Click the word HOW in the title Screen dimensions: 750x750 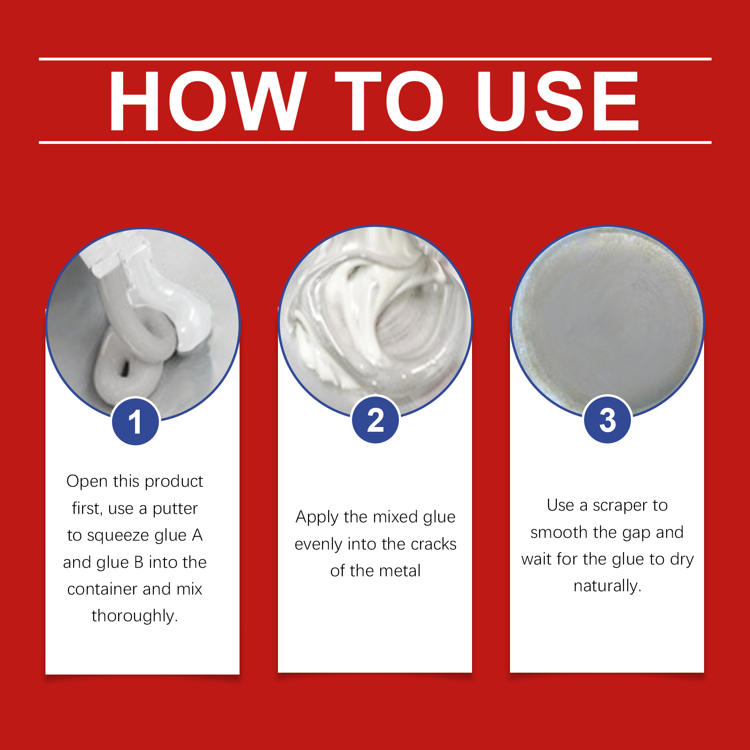pyautogui.click(x=208, y=101)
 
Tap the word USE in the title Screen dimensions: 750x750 pyautogui.click(x=558, y=101)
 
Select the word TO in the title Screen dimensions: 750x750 pyautogui.click(x=389, y=101)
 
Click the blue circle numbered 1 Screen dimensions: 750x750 pyautogui.click(x=135, y=421)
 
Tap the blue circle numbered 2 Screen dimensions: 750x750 pyautogui.click(x=375, y=420)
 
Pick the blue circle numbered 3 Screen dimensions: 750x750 pyautogui.click(x=607, y=420)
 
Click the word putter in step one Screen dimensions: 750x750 pyautogui.click(x=175, y=509)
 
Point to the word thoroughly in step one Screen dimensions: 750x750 pyautogui.click(x=135, y=615)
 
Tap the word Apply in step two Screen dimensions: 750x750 pyautogui.click(x=317, y=517)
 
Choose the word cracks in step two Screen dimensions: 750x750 pyautogui.click(x=433, y=544)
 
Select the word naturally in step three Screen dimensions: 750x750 pyautogui.click(x=607, y=586)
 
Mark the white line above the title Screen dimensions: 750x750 pyautogui.click(x=375, y=59)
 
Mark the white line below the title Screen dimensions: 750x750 pyautogui.click(x=375, y=142)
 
